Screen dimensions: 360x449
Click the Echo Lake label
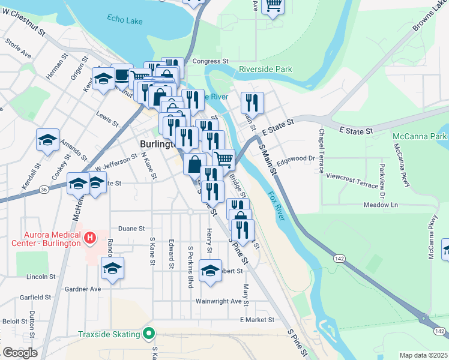[124, 19]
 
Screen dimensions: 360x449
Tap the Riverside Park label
[265, 69]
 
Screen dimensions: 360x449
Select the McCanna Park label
[420, 136]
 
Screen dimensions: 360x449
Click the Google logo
[20, 353]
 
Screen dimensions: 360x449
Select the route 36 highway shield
[44, 190]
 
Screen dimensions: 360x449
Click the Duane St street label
[131, 229]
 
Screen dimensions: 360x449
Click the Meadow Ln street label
[381, 205]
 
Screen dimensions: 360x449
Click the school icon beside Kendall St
[48, 139]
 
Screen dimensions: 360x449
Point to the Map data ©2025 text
[423, 355]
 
